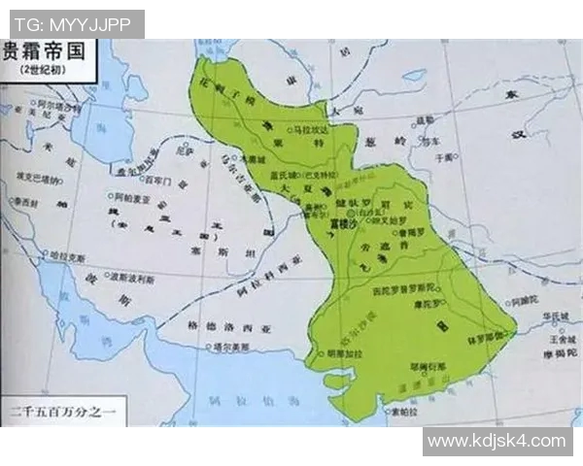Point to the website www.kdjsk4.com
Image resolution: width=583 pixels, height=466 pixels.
[496, 441]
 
